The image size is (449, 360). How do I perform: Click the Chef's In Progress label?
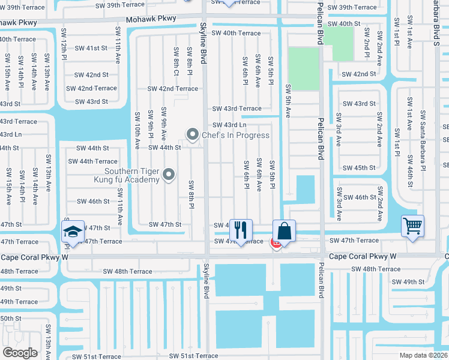click(235, 135)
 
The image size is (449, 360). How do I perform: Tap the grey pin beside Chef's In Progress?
click(193, 134)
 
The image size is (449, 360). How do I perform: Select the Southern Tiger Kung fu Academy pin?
click(169, 175)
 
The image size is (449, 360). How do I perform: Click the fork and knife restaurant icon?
click(241, 229)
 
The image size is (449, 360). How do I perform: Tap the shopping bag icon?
click(285, 230)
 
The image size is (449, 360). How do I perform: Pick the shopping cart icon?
click(412, 226)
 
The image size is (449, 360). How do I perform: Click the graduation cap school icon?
click(73, 232)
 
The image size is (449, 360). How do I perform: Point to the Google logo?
click(20, 353)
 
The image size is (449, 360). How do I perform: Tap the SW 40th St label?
click(344, 23)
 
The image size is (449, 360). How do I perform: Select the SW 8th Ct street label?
click(176, 61)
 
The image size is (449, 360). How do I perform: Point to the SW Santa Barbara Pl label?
click(423, 141)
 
